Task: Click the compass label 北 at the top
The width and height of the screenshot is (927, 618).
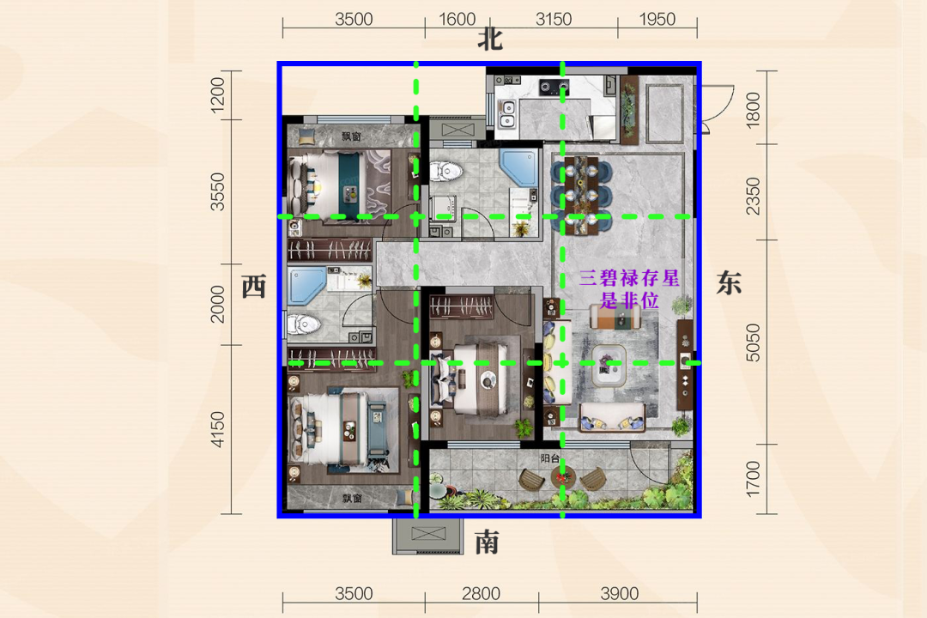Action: pos(490,40)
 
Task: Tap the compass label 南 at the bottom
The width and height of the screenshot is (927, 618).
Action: pos(488,542)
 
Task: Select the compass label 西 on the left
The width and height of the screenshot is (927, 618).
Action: pos(254,286)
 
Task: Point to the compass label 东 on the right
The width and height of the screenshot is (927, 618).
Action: pos(729,282)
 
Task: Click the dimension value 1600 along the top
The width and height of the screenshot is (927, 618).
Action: pos(457,20)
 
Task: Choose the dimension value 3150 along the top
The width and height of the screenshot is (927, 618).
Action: pos(554,20)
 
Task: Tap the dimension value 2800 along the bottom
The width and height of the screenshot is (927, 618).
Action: pos(481,593)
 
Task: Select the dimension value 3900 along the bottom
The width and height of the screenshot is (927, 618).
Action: pos(619,593)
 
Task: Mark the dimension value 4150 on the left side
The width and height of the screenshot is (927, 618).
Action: pos(217,429)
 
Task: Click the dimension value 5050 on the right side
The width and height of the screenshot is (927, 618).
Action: pos(753,342)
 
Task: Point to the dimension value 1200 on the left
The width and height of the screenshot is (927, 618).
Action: pos(217,94)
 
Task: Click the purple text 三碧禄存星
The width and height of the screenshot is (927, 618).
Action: pos(629,278)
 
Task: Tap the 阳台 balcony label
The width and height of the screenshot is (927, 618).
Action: pos(550,458)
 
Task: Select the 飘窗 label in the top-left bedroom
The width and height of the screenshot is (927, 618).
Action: pos(351,136)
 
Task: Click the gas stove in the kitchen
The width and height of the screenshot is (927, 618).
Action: pos(554,88)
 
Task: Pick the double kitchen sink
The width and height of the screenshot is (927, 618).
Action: pos(507,114)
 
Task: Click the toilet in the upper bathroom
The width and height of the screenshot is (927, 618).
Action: pos(445,172)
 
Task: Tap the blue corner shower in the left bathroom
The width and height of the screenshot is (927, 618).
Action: pos(306,286)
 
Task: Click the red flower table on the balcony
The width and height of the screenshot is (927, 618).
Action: pos(561,476)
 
